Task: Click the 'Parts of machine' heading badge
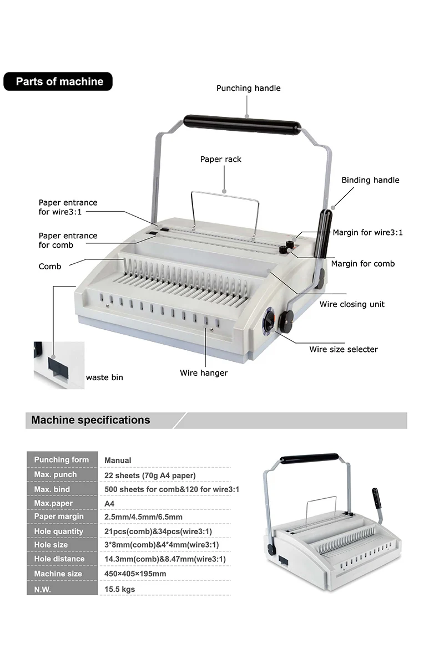(x=58, y=81)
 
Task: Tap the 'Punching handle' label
(x=248, y=88)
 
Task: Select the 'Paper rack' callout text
(x=221, y=160)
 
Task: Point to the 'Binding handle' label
(x=370, y=180)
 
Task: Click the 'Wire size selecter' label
(x=344, y=349)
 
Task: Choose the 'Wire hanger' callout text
(x=204, y=373)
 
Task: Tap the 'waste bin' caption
(x=104, y=377)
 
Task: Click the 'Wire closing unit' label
(x=352, y=304)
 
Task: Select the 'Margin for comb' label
(x=363, y=264)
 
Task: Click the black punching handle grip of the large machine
(x=242, y=122)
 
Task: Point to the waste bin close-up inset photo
(x=59, y=365)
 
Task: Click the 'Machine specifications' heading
(x=90, y=420)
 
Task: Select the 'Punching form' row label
(x=62, y=460)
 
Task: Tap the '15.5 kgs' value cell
(x=120, y=589)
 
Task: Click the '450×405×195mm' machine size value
(x=135, y=574)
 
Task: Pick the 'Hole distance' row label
(x=59, y=559)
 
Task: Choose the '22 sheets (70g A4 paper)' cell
(x=150, y=475)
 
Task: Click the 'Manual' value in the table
(x=118, y=460)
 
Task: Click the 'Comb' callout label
(x=50, y=267)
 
